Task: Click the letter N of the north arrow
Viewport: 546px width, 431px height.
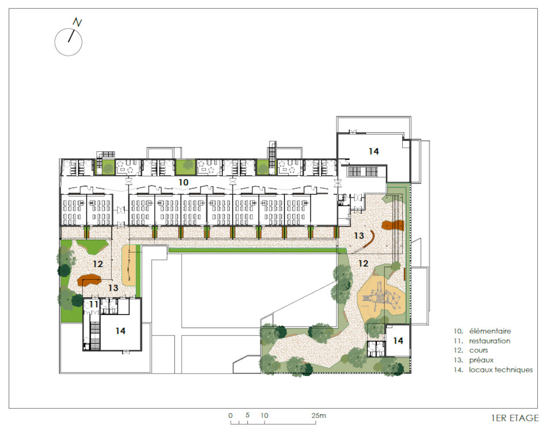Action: (x=77, y=22)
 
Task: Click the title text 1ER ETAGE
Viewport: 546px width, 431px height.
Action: (x=515, y=418)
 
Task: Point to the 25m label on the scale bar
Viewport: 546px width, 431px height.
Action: (x=319, y=415)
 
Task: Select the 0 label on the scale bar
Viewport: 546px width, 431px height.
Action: (x=231, y=415)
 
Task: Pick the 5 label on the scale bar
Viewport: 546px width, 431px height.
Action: (x=247, y=415)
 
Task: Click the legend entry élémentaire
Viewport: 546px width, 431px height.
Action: (x=490, y=331)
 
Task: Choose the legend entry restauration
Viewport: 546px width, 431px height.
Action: (x=490, y=341)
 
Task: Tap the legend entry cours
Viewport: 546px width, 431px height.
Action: (x=479, y=351)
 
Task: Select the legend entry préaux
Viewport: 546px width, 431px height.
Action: (x=481, y=360)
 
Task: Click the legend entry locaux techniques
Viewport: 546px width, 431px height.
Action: (x=501, y=370)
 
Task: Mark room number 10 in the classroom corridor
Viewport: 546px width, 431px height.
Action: (x=184, y=182)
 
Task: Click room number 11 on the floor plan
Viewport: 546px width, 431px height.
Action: (x=94, y=305)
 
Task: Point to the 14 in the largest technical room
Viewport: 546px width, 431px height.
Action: (x=373, y=151)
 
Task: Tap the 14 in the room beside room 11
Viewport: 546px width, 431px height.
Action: (x=120, y=331)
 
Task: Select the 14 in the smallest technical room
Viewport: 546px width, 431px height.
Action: (x=398, y=341)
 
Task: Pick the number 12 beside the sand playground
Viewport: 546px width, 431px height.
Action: (x=363, y=263)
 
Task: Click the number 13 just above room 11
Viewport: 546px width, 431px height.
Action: (x=113, y=288)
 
